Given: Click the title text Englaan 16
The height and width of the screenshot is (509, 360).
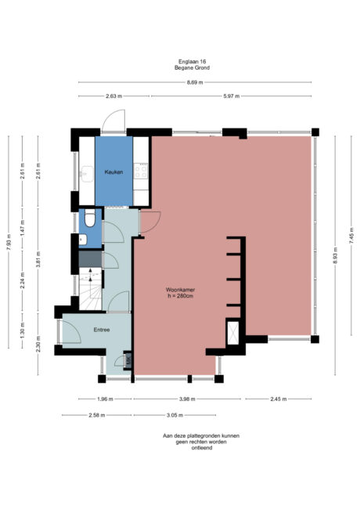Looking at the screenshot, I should coord(193,62).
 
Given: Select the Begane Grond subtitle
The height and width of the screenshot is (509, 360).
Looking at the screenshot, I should coord(193,68).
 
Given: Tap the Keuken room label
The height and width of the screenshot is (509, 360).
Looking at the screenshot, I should coord(113,172).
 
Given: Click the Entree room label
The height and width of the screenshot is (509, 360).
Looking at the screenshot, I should coord(102,330).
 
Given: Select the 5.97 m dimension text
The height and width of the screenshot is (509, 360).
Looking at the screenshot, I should coord(232,96).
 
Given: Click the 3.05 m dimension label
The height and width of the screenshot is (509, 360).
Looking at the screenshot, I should coord(175,414).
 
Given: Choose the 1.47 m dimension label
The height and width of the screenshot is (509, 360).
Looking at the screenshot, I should coord(23,228).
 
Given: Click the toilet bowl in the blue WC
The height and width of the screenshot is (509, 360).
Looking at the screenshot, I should coord(90,219).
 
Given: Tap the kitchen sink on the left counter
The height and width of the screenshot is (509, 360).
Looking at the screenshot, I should coord(85,173).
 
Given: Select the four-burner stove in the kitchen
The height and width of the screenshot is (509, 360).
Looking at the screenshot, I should coord(142,169).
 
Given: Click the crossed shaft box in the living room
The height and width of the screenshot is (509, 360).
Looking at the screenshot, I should coord(233,333).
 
